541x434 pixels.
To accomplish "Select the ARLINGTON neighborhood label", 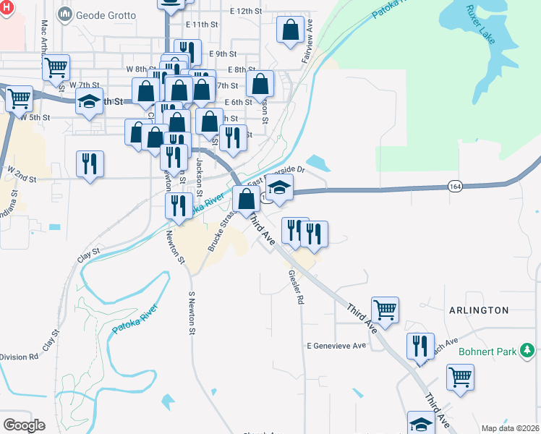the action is click(479, 310).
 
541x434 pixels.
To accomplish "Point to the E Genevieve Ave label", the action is click(336, 346).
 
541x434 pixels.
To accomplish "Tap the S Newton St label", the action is click(192, 313).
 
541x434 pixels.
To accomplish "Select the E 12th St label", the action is click(245, 12).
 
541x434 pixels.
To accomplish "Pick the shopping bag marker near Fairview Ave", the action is click(290, 31).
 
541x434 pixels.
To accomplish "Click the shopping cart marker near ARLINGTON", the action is click(385, 310).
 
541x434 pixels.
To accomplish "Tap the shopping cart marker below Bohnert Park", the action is click(461, 376).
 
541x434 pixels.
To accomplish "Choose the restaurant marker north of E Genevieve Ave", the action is click(420, 346).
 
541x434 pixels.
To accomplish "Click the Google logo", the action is click(24, 425).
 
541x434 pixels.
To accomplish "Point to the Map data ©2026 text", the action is click(509, 428).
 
